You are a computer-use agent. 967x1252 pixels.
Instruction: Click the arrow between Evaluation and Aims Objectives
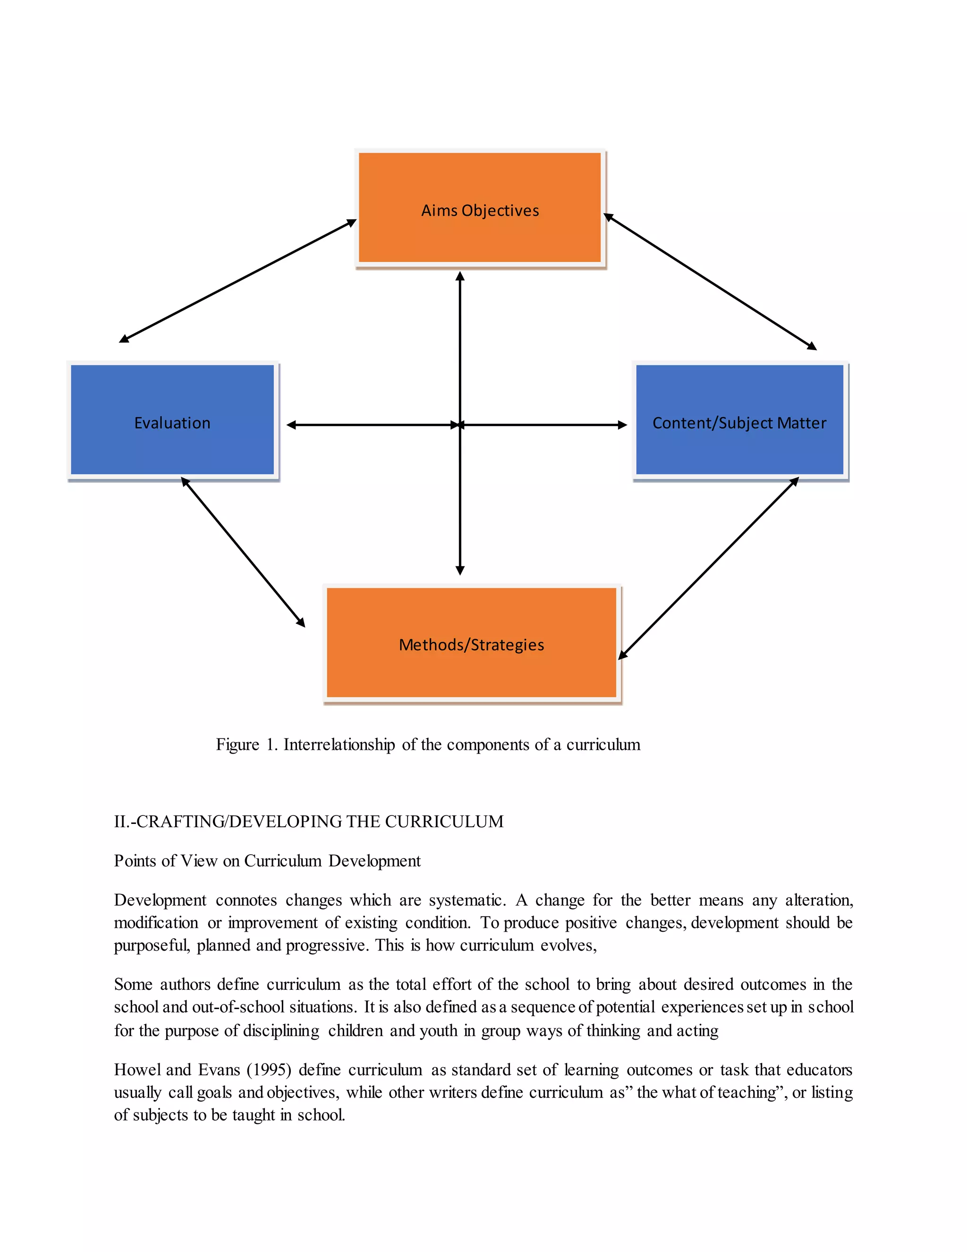(x=238, y=281)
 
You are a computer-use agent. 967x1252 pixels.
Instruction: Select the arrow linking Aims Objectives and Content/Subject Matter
(x=710, y=282)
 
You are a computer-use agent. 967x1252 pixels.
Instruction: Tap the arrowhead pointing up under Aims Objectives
(x=460, y=277)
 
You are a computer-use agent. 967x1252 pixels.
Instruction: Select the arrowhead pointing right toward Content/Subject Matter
(x=622, y=425)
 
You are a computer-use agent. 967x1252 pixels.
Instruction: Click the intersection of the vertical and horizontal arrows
(x=460, y=425)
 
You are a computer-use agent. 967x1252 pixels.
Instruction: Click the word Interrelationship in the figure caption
(x=339, y=745)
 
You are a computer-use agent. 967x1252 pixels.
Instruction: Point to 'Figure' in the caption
(x=237, y=745)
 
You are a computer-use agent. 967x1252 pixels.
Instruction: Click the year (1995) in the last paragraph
(x=269, y=1070)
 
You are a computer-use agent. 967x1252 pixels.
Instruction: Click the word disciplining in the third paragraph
(x=281, y=1031)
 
